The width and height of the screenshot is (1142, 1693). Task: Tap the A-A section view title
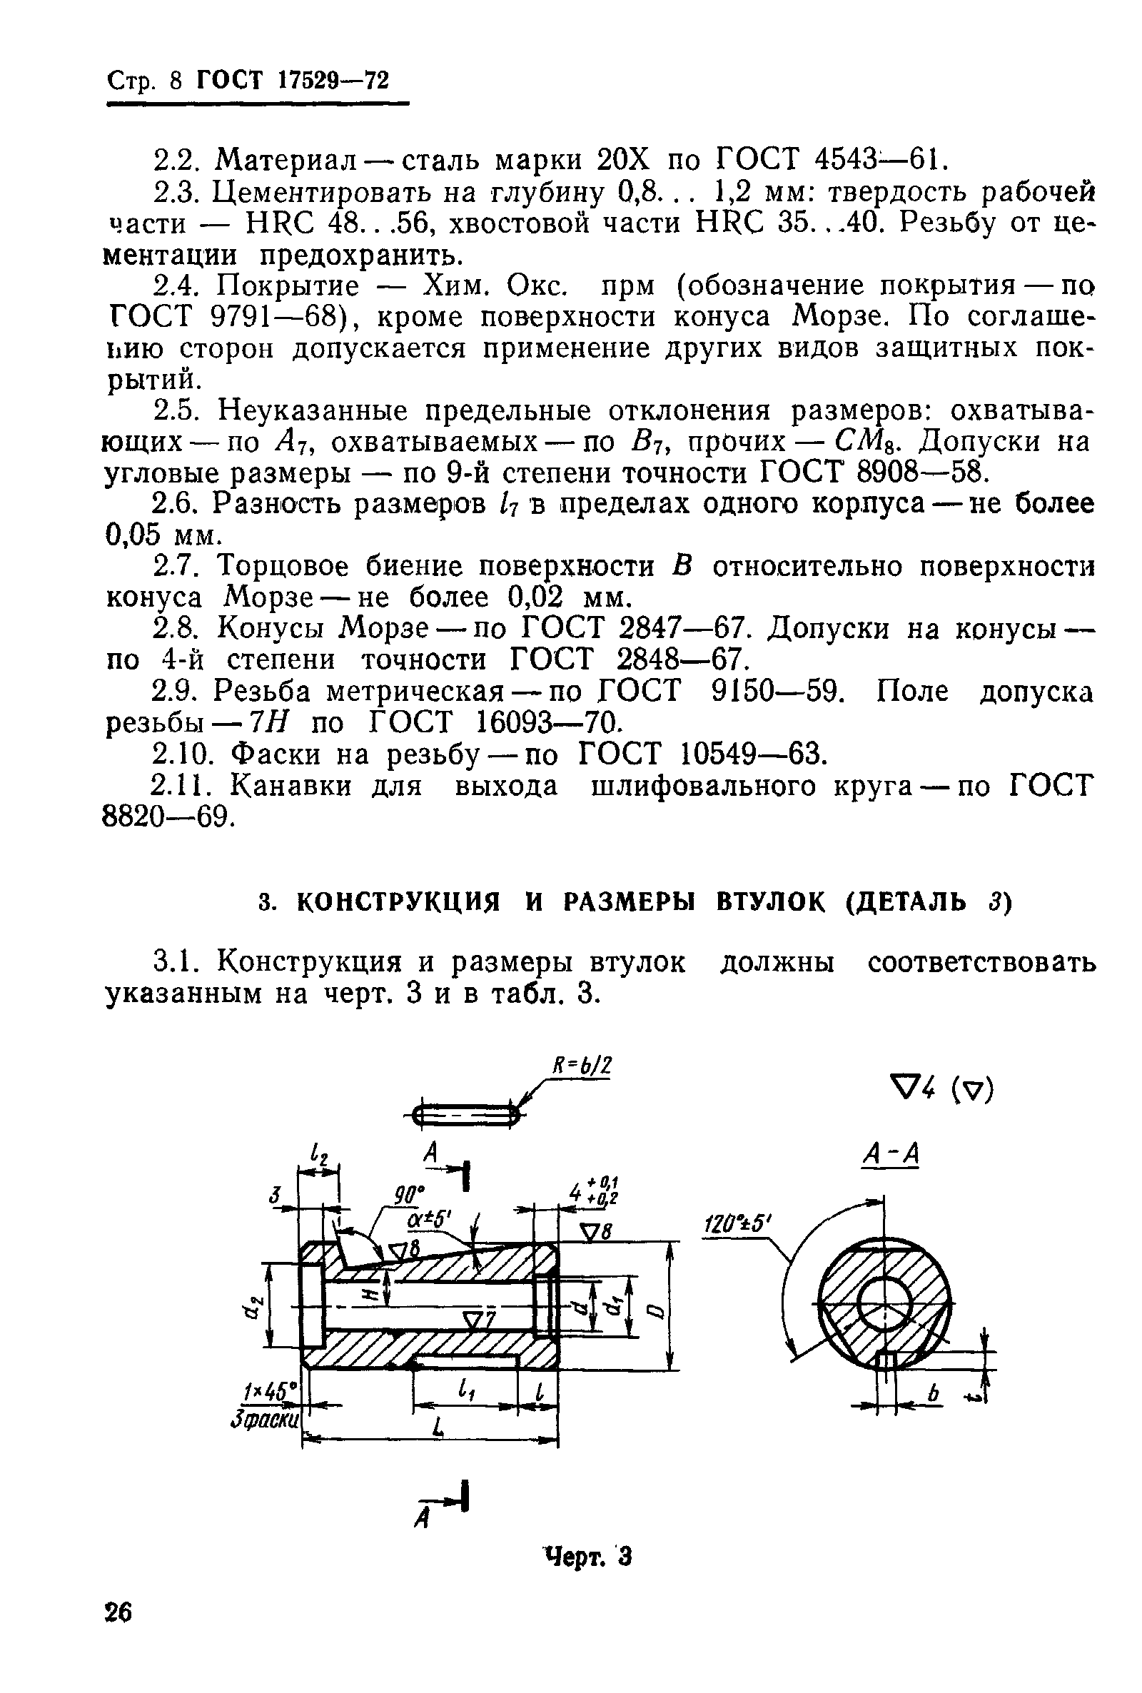pyautogui.click(x=890, y=1154)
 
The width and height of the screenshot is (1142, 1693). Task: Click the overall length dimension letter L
pyautogui.click(x=437, y=1429)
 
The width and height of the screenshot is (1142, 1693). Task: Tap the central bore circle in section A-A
pyautogui.click(x=884, y=1302)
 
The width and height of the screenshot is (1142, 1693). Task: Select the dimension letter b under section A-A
pyautogui.click(x=933, y=1393)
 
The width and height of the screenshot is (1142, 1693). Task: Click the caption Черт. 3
pyautogui.click(x=587, y=1557)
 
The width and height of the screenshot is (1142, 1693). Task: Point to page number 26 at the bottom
pyautogui.click(x=118, y=1612)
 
